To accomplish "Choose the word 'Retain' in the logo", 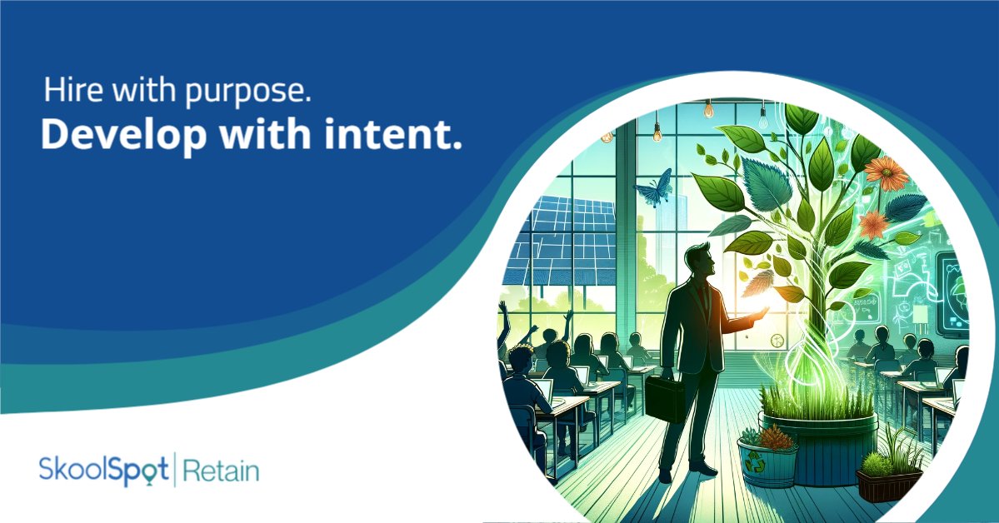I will pyautogui.click(x=221, y=471).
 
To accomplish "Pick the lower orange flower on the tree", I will pyautogui.click(x=873, y=224).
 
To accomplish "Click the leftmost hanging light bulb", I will pyautogui.click(x=657, y=130).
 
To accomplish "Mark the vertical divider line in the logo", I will pyautogui.click(x=173, y=470).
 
